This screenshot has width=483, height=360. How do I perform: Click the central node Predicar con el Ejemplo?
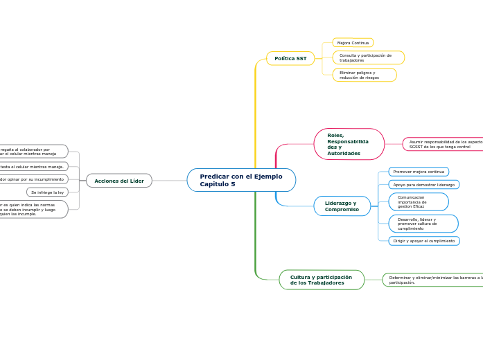point(240,180)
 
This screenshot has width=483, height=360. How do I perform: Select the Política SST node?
point(290,59)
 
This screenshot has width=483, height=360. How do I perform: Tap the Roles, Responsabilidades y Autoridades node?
point(349,144)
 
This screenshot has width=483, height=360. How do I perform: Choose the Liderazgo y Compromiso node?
point(342,206)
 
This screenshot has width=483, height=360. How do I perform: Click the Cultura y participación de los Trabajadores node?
point(321,280)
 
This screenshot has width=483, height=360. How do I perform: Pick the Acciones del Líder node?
point(119,181)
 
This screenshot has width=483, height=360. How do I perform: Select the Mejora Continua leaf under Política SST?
point(353,43)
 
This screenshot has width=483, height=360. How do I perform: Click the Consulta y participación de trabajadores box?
point(368,57)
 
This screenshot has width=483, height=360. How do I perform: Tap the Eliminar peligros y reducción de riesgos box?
point(364,75)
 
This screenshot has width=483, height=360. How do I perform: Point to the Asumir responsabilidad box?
point(444,144)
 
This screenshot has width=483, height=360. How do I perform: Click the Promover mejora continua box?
point(419,172)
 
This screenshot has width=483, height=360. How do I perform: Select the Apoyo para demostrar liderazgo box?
point(423,185)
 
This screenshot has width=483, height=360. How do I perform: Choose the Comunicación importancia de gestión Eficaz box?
point(418,201)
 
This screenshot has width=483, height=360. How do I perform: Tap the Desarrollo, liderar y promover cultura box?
point(423,224)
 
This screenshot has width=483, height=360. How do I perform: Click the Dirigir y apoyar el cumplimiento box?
point(423,241)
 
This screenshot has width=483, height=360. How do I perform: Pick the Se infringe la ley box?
point(47,192)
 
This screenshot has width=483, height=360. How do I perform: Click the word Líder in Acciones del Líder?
point(137,181)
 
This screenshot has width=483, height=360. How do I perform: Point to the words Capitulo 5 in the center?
point(218,184)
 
